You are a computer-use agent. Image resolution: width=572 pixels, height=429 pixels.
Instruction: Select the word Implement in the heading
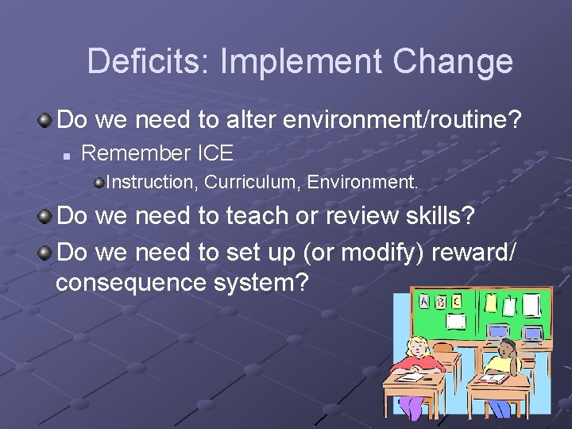coord(303,62)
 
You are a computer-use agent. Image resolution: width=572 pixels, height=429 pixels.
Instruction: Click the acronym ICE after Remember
coord(214,153)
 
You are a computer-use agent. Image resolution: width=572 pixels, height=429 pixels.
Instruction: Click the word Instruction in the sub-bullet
coord(150,182)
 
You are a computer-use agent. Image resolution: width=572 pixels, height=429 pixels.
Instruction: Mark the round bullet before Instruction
coord(99,183)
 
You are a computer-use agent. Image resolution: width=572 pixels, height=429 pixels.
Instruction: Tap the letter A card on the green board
coord(424,302)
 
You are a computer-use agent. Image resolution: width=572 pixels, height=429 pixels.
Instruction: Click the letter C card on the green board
coord(455,303)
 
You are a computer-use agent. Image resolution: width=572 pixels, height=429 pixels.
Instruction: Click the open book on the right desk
coord(493,379)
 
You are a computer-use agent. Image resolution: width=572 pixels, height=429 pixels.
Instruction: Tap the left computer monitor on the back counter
coord(498,331)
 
